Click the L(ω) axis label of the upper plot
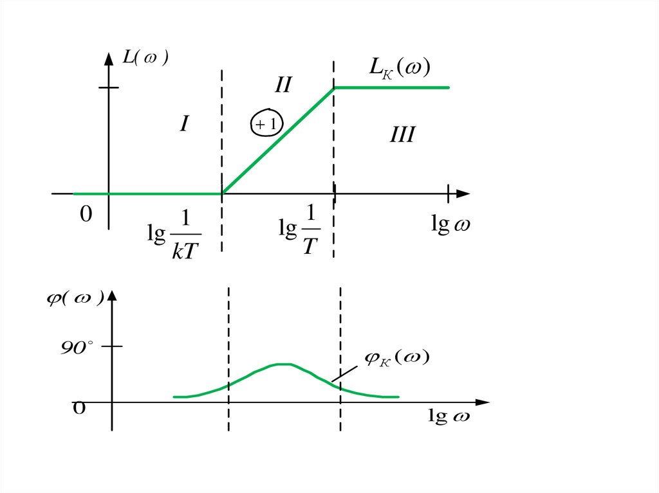coord(145,58)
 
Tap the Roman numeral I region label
coord(183,123)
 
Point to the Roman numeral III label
coord(402,135)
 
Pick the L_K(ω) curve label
coord(399,67)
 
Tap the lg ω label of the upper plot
coord(449,226)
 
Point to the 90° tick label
coord(78,348)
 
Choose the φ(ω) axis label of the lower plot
coord(75,300)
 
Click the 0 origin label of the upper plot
coord(86,215)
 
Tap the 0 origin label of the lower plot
coord(79,408)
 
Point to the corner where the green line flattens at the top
coord(334,88)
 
